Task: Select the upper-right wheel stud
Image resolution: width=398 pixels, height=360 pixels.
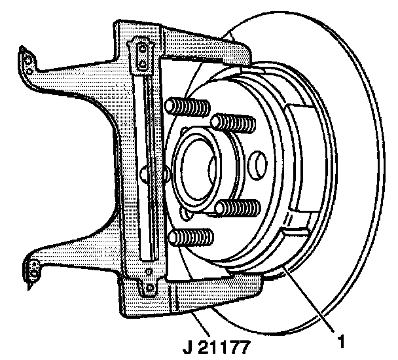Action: (234, 122)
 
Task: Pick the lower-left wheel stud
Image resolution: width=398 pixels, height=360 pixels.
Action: (191, 237)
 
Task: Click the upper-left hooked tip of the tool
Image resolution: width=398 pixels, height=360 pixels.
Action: (27, 58)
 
